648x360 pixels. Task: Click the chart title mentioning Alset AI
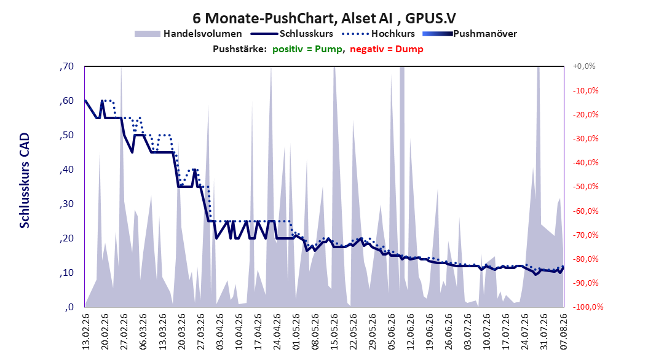(x=324, y=18)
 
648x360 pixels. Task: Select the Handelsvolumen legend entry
(x=189, y=34)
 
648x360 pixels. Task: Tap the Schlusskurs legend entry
(x=292, y=34)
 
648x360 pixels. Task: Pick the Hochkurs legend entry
(x=379, y=34)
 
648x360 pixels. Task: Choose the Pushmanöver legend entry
(x=470, y=34)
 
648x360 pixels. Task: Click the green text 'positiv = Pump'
(x=307, y=49)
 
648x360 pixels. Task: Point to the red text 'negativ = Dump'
(x=387, y=49)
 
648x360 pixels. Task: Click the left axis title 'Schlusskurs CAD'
(x=25, y=181)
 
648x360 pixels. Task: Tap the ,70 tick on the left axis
(x=66, y=66)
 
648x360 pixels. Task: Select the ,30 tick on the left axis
(x=66, y=204)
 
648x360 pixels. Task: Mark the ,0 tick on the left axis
(x=69, y=307)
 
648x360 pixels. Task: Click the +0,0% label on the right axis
(x=584, y=66)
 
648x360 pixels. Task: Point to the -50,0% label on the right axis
(x=585, y=187)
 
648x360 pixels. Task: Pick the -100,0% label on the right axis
(x=588, y=307)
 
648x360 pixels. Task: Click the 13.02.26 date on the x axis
(x=85, y=332)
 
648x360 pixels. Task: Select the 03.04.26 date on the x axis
(x=219, y=332)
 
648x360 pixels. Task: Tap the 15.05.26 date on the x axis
(x=334, y=332)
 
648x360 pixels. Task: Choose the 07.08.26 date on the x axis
(x=563, y=332)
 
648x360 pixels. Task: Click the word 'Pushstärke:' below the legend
(x=240, y=49)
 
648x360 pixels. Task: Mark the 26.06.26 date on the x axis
(x=449, y=332)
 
